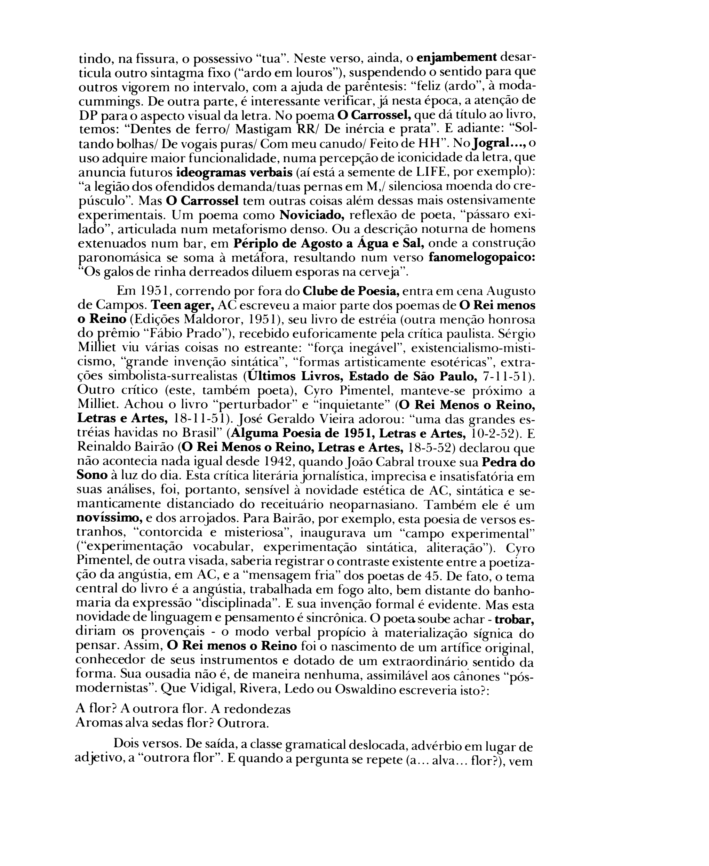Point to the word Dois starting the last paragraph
[x=127, y=743]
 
